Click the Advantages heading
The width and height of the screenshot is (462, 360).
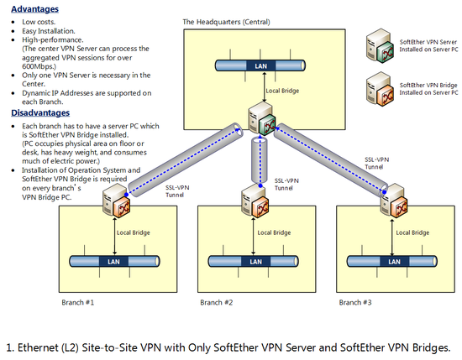point(34,9)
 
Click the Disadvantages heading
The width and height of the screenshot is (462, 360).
point(40,112)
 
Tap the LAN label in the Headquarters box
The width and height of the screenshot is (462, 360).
point(260,66)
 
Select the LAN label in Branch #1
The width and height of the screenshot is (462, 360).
point(113,262)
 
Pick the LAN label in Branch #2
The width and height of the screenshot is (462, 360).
point(255,262)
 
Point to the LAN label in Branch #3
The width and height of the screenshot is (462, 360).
point(394,262)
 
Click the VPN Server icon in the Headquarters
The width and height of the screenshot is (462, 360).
point(262,119)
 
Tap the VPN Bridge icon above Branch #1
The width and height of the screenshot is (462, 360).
point(117,201)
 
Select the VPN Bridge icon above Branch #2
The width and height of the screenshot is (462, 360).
point(255,201)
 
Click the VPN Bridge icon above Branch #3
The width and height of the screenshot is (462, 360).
point(394,201)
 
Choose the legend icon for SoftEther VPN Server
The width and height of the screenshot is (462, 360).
point(380,45)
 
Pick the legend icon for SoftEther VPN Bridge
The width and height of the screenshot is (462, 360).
point(380,89)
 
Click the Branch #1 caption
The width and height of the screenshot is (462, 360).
point(78,303)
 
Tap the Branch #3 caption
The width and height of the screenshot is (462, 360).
point(355,303)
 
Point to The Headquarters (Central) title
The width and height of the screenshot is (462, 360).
point(226,22)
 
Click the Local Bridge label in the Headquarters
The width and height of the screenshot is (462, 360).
point(282,91)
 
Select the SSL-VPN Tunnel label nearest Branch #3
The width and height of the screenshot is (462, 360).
point(377,163)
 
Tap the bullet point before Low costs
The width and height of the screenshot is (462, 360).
point(13,23)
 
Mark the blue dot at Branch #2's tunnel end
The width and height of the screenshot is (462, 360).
point(260,185)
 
